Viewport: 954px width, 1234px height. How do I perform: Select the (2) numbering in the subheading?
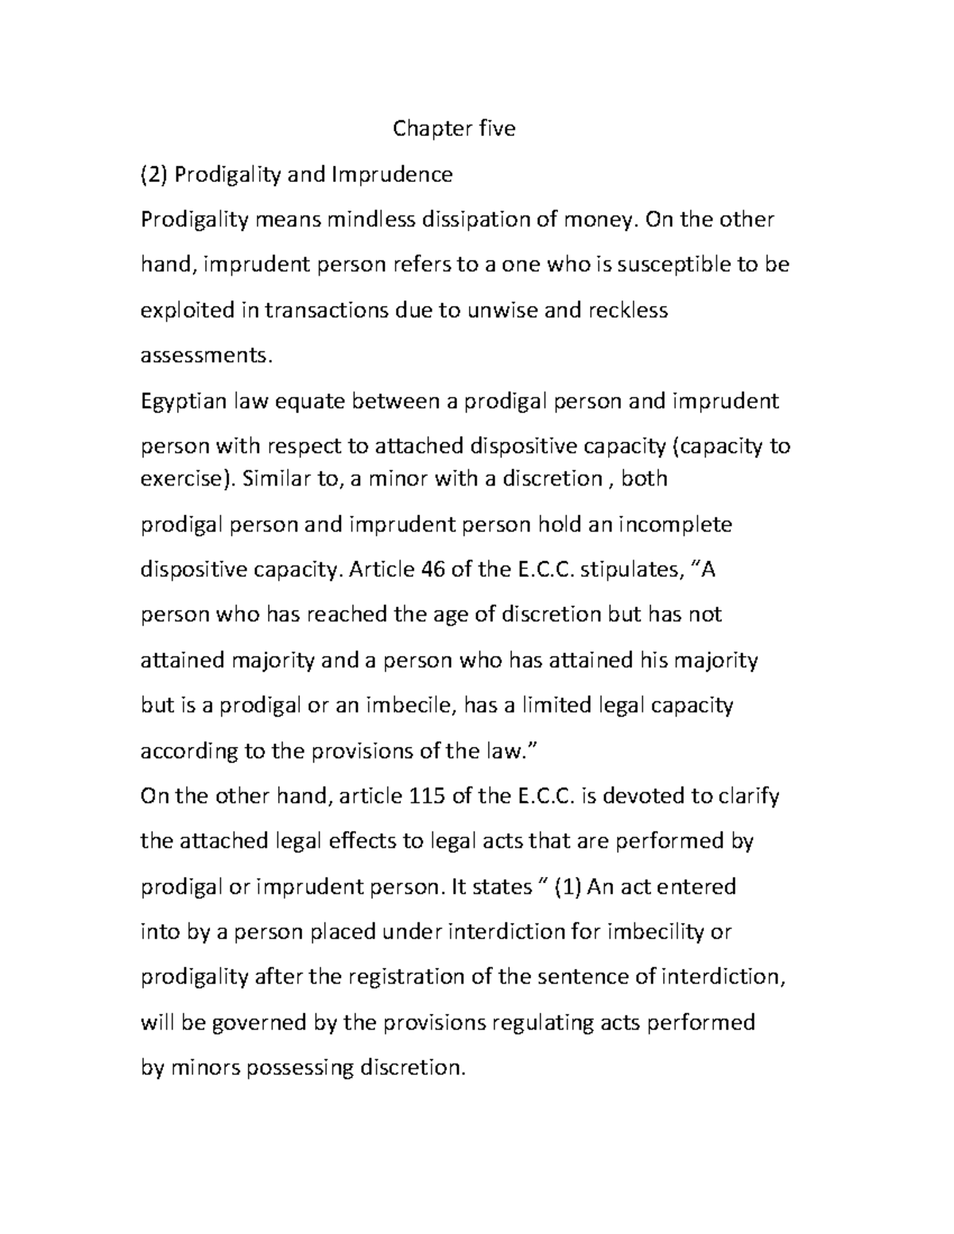click(x=154, y=174)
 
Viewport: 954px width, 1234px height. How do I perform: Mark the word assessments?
click(x=205, y=355)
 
